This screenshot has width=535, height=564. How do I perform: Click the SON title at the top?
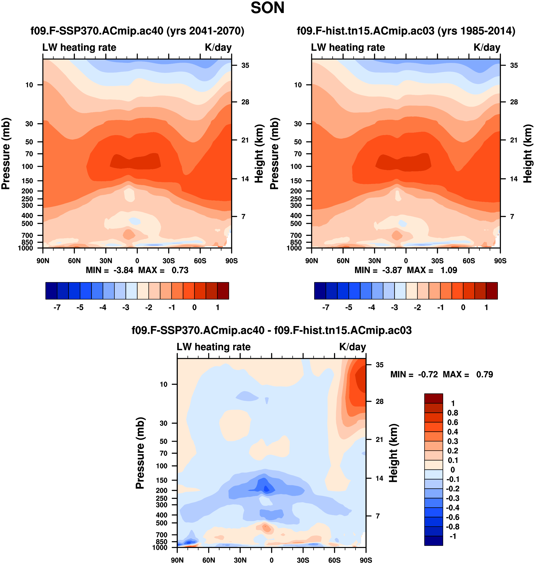[267, 8]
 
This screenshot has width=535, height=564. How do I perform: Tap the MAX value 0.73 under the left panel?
[180, 270]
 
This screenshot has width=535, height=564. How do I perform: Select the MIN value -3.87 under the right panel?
[392, 270]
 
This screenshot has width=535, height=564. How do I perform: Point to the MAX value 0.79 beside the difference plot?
[485, 374]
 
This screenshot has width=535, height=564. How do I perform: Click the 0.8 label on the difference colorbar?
[453, 413]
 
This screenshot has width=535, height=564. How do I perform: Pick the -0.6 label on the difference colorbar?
[452, 517]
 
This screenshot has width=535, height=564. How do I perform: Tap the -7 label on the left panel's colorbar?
[57, 308]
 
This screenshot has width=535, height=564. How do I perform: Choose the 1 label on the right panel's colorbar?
[486, 308]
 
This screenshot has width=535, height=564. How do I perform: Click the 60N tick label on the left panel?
[74, 261]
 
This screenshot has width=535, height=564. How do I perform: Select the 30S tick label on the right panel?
[437, 261]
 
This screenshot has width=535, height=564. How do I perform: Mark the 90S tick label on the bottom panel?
[366, 560]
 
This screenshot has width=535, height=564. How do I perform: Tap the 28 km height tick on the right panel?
[514, 102]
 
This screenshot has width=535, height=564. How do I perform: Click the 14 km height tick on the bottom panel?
[379, 478]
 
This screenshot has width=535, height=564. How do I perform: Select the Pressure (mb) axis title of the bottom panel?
[140, 453]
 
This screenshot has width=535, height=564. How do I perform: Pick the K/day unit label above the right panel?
[487, 47]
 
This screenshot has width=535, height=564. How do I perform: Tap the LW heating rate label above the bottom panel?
[214, 347]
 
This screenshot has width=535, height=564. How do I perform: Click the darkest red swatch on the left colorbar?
[223, 291]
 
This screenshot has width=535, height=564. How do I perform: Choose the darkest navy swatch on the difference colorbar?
[433, 541]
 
